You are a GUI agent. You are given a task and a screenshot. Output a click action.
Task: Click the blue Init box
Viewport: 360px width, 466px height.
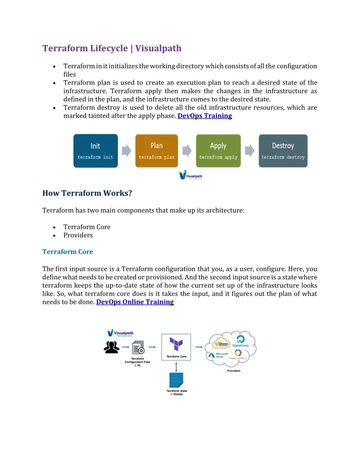(x=95, y=150)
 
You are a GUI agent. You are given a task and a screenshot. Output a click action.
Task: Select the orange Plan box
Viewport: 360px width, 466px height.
(x=156, y=150)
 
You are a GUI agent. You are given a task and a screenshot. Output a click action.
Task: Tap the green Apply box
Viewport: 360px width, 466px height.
(x=218, y=150)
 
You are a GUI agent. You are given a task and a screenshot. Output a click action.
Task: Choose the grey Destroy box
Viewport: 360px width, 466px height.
(x=282, y=150)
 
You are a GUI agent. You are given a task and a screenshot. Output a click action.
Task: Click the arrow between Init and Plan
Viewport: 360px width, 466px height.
(x=126, y=150)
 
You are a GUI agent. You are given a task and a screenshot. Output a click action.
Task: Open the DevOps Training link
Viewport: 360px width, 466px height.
(x=204, y=116)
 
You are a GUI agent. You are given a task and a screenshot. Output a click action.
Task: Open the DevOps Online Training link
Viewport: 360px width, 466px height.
(x=134, y=302)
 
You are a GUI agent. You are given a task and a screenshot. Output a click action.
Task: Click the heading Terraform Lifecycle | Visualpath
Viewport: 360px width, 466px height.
(x=112, y=49)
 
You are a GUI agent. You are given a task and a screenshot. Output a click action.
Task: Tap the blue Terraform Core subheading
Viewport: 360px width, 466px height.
(x=67, y=251)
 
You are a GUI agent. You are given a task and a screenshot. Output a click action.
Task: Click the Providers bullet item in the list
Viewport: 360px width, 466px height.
(x=78, y=235)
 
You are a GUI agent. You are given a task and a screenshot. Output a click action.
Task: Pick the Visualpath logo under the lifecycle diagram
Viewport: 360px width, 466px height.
(x=190, y=176)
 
